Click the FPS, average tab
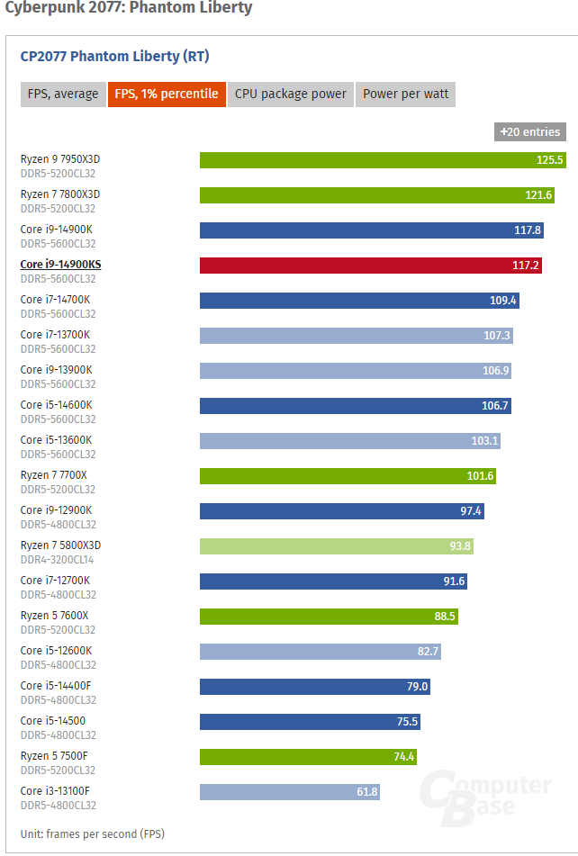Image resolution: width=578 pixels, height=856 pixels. (x=63, y=95)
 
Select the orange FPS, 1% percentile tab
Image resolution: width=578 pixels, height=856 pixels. (x=167, y=95)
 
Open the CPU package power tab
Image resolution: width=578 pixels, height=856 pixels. (x=291, y=95)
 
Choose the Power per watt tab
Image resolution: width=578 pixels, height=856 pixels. (x=405, y=95)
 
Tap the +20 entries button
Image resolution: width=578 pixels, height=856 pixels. (x=530, y=132)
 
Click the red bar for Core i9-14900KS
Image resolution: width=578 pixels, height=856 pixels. (x=371, y=266)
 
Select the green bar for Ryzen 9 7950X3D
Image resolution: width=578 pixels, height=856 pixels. (x=383, y=160)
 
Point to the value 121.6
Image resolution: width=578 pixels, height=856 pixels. (x=538, y=195)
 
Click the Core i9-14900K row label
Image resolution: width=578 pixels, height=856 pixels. (x=56, y=230)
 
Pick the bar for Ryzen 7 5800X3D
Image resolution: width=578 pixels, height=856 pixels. (x=336, y=546)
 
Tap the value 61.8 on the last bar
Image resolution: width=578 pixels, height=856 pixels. (x=366, y=791)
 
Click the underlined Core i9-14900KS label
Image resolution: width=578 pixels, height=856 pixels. (x=60, y=265)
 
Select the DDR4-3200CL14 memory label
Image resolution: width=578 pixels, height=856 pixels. (x=58, y=560)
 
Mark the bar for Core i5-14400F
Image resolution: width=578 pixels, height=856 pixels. (x=315, y=686)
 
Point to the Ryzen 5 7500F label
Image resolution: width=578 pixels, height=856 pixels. (x=54, y=756)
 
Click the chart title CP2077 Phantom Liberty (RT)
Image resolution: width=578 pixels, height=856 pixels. (x=114, y=56)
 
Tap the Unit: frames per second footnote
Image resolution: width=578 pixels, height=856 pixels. (x=93, y=834)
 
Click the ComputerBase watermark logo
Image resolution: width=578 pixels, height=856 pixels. (x=485, y=797)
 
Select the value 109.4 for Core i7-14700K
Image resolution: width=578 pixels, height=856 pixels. (x=502, y=301)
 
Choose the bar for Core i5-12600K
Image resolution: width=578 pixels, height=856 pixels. (x=321, y=652)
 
